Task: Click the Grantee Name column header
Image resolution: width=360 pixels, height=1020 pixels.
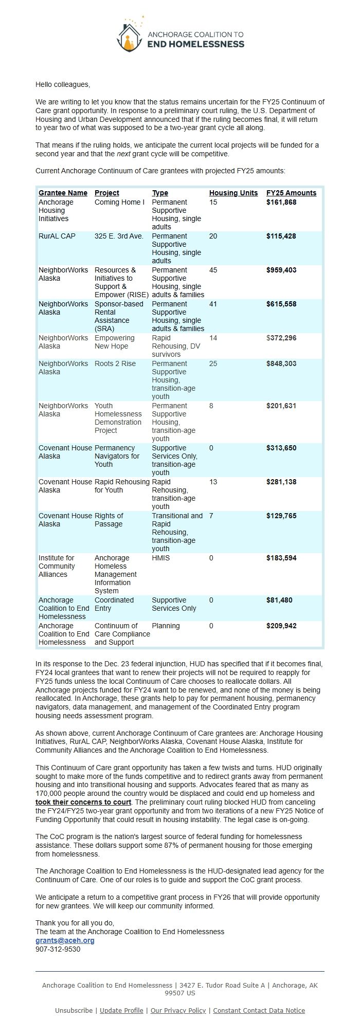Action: (63, 193)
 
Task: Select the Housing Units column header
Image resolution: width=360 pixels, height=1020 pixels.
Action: (233, 193)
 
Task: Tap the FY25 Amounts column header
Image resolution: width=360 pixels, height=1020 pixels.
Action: (291, 193)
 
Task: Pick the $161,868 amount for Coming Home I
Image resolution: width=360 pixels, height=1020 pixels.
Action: (281, 202)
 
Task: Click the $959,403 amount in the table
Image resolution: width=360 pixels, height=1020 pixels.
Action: (281, 270)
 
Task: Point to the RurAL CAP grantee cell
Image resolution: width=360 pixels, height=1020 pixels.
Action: (57, 236)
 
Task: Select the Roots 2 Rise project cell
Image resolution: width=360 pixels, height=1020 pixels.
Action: (115, 363)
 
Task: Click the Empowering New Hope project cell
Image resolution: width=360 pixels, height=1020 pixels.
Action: (114, 342)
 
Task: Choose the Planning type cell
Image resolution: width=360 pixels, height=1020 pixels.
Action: (166, 626)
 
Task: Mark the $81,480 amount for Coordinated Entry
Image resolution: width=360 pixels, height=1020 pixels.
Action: (279, 600)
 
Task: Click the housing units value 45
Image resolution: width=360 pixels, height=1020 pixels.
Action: (213, 270)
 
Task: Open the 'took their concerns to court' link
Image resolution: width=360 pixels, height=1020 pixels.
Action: (83, 802)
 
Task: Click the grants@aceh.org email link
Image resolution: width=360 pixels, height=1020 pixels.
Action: (65, 940)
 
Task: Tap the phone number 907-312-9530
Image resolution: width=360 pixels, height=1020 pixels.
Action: (58, 949)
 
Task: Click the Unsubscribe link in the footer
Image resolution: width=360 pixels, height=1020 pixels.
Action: (74, 1010)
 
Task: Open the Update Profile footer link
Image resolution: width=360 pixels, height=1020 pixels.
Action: (121, 1010)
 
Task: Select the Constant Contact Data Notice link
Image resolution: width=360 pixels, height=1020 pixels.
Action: (259, 1010)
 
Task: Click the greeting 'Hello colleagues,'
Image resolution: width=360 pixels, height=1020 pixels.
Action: (62, 84)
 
